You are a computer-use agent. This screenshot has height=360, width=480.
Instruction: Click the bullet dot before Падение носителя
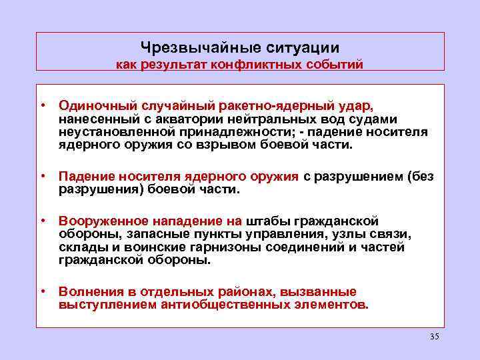click(x=42, y=176)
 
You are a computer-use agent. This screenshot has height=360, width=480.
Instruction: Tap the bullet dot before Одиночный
click(x=42, y=105)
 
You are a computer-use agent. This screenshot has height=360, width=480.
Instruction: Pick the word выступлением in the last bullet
click(x=108, y=305)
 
